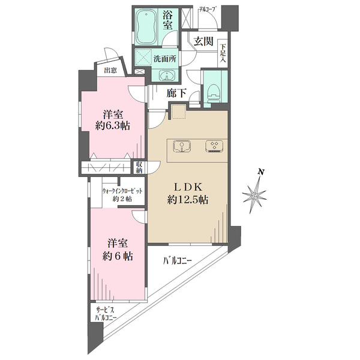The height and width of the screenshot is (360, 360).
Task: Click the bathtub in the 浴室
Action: [146, 26]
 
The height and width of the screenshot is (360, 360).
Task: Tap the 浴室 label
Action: [167, 20]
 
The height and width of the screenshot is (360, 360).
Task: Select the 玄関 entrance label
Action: [203, 41]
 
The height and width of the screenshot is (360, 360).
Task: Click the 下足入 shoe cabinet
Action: [223, 53]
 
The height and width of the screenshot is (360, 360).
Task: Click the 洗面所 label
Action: [165, 59]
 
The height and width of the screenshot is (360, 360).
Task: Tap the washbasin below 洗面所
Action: [167, 76]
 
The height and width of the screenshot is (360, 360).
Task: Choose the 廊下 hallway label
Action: [176, 93]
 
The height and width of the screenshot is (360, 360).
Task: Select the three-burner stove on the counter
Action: [214, 146]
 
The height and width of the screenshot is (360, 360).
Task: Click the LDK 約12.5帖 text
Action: [188, 194]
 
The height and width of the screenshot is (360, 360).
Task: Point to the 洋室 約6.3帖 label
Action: [113, 120]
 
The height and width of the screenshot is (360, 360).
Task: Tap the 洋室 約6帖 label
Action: [118, 250]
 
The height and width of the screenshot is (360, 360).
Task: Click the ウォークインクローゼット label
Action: [122, 191]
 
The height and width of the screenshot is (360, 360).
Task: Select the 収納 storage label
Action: [139, 167]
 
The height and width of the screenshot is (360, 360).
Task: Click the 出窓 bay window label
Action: [110, 70]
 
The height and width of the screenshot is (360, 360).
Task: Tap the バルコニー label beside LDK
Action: [177, 261]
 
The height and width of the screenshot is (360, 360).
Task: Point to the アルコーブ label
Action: [208, 10]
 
